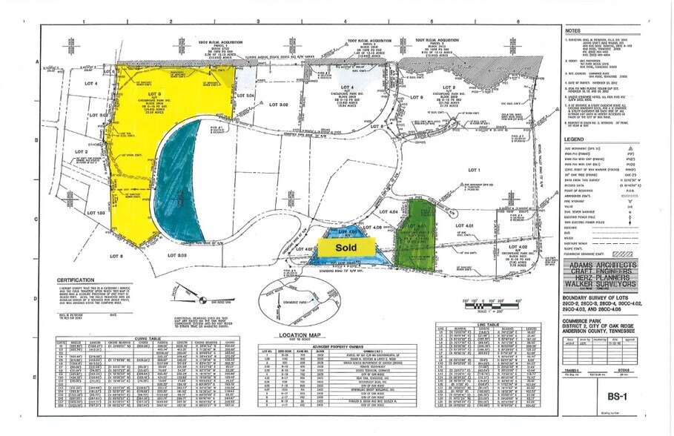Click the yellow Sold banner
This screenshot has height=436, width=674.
pyautogui.click(x=346, y=245)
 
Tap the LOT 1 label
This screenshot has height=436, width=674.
pyautogui.click(x=475, y=170)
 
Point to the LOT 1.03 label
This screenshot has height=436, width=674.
pyautogui.click(x=96, y=213)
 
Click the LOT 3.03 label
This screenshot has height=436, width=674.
pyautogui.click(x=176, y=255)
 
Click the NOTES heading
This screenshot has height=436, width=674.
pyautogui.click(x=573, y=31)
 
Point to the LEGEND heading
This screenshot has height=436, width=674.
pyautogui.click(x=575, y=139)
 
